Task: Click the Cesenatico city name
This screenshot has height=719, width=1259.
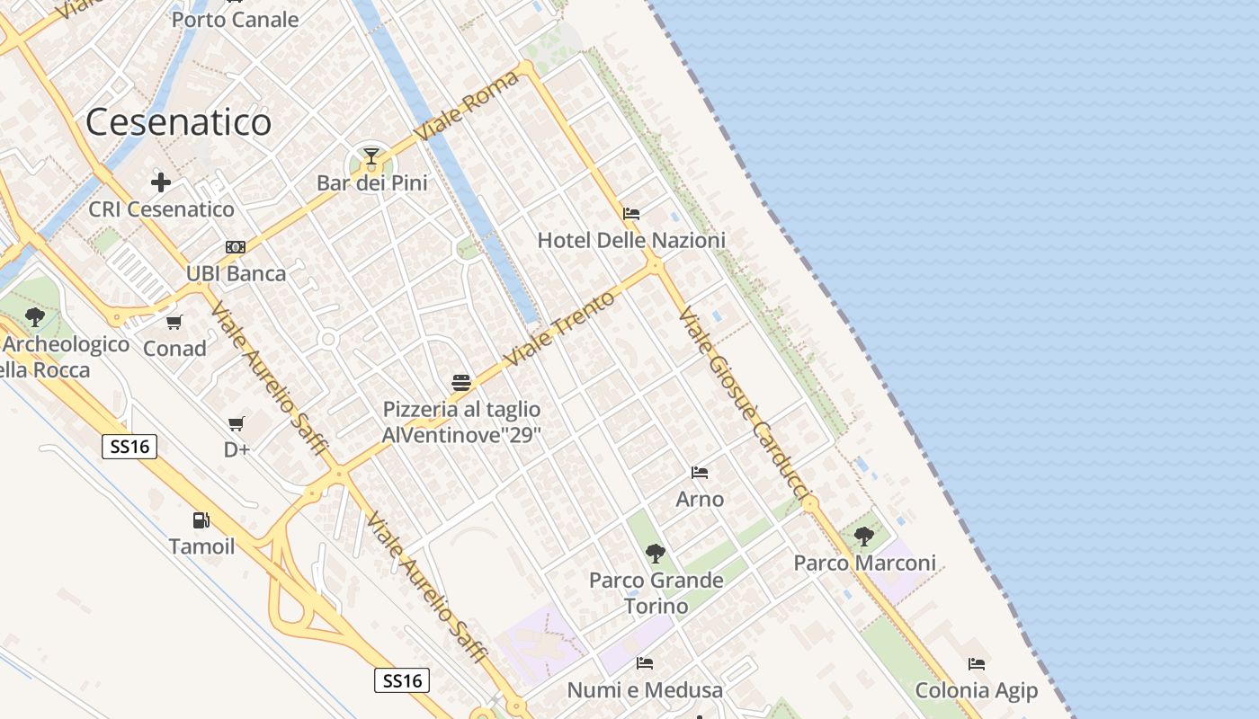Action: pos(179,122)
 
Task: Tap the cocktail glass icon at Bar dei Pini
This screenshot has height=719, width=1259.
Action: pos(371,157)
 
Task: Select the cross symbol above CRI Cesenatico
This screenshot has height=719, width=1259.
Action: pos(161,182)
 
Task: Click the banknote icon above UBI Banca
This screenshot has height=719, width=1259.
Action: pos(236,247)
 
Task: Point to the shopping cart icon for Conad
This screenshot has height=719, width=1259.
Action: pos(174,322)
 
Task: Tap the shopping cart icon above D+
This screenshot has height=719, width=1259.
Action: pos(237,423)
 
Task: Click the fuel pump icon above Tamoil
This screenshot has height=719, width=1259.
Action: pos(201,520)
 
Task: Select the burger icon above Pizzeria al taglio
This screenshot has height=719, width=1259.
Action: pos(461,383)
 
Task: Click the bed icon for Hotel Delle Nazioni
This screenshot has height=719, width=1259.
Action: pos(631,214)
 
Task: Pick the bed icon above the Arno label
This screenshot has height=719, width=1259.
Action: pos(700,473)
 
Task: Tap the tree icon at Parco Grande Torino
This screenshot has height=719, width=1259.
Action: pos(656,553)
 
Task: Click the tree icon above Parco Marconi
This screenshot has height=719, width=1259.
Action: pos(864,537)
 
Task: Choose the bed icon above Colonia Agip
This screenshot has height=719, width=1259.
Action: pos(977,664)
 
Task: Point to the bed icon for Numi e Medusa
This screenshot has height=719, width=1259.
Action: pos(645,663)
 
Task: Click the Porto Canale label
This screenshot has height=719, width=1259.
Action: pos(235,19)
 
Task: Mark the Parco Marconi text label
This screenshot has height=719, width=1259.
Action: pos(864,564)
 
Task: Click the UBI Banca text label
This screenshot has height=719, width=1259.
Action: pos(236,274)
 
